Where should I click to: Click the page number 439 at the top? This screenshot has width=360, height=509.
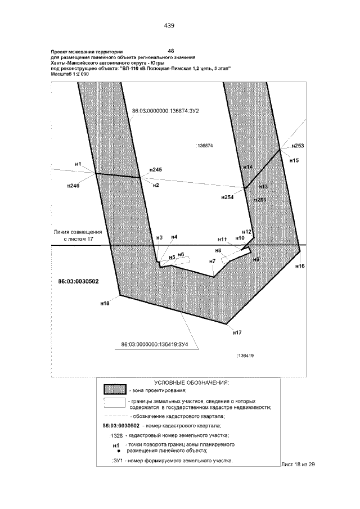pyautogui.click(x=169, y=25)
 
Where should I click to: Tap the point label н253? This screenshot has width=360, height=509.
pyautogui.click(x=298, y=146)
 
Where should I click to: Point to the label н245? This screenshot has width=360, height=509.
pyautogui.click(x=155, y=169)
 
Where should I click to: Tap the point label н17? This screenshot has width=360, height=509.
pyautogui.click(x=237, y=333)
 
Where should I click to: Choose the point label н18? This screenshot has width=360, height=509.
pyautogui.click(x=105, y=303)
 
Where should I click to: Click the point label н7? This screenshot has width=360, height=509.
pyautogui.click(x=212, y=261)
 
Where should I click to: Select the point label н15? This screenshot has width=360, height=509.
pyautogui.click(x=294, y=160)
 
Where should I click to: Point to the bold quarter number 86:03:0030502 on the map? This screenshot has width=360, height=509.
pyautogui.click(x=78, y=281)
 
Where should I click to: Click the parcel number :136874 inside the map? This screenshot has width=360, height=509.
pyautogui.click(x=203, y=146)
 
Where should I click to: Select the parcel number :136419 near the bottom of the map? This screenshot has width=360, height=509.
pyautogui.click(x=246, y=355)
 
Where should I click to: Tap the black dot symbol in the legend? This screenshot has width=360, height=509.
pyautogui.click(x=119, y=451)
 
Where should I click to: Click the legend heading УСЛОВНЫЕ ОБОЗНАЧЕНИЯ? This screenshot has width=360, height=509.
pyautogui.click(x=191, y=382)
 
